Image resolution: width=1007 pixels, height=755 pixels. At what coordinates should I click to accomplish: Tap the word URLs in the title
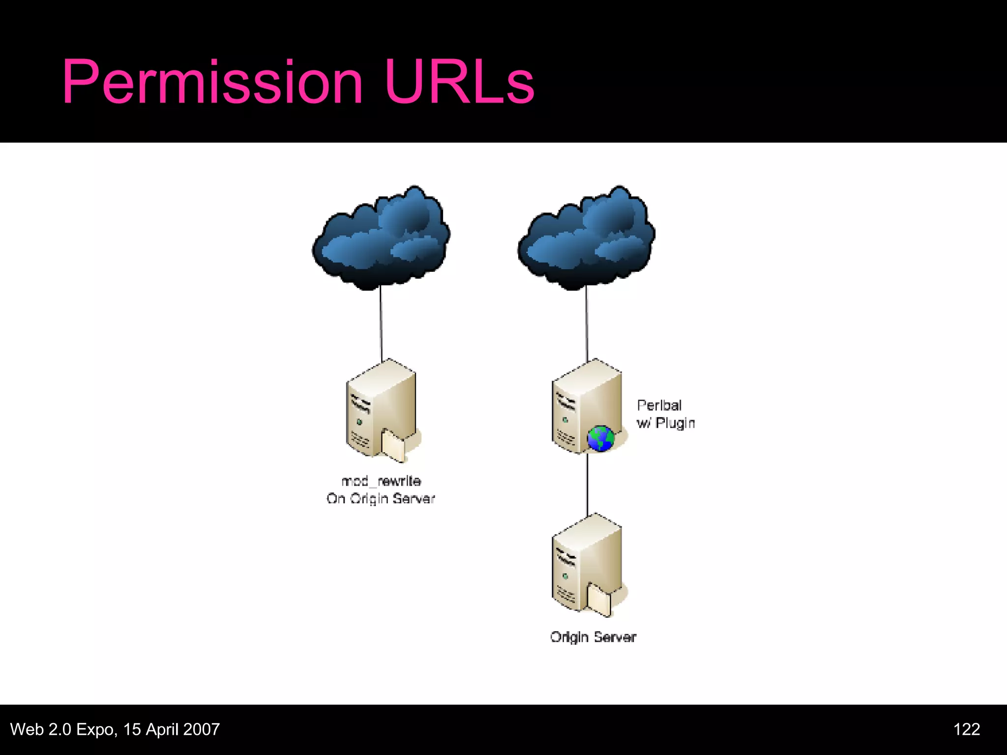[x=459, y=83]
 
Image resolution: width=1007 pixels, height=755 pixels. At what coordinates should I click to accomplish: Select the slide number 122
[x=966, y=729]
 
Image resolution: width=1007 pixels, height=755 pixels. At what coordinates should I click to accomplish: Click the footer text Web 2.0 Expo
[x=63, y=729]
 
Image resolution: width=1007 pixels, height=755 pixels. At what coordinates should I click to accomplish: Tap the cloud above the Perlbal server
[x=586, y=238]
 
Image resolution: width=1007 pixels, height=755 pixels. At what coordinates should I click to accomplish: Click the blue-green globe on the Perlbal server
[x=600, y=438]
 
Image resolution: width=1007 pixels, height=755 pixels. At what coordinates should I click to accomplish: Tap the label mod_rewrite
[x=381, y=481]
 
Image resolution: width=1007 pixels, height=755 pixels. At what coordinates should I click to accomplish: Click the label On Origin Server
[x=381, y=498]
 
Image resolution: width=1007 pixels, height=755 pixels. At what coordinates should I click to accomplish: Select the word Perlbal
[x=659, y=406]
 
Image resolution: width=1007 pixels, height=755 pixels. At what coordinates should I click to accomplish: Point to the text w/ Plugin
[x=666, y=423]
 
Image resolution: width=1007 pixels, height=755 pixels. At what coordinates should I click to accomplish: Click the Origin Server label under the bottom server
[x=593, y=637]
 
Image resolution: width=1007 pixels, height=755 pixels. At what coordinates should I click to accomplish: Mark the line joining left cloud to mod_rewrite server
[x=381, y=324]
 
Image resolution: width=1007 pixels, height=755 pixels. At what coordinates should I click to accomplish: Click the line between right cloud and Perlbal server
[x=586, y=324]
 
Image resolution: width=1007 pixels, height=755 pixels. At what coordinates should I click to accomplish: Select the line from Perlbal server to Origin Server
[x=588, y=484]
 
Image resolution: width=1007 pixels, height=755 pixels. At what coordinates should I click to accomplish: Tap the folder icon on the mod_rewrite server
[x=393, y=445]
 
